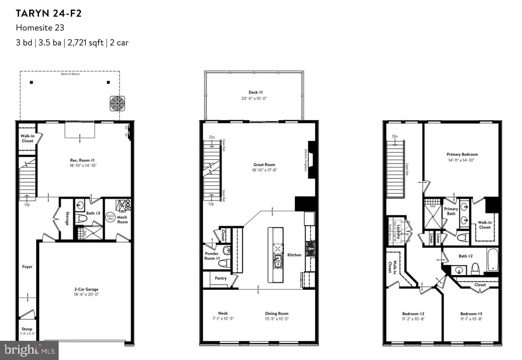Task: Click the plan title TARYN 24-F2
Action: (49, 14)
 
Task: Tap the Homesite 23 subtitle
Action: (40, 28)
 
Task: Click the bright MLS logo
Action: (29, 350)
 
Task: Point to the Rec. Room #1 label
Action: (82, 160)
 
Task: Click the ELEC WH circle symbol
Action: (111, 218)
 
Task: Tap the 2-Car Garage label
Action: (86, 289)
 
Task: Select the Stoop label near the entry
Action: (27, 329)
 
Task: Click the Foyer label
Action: (27, 267)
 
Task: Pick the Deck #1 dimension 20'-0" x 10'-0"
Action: (254, 98)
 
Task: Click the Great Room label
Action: (264, 165)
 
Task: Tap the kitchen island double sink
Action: (278, 260)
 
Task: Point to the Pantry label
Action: (220, 278)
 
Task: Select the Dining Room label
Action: (277, 314)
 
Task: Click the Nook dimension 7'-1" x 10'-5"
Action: (223, 319)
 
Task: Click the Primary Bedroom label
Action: (462, 154)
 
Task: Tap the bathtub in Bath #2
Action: (493, 260)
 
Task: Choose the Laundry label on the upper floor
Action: (398, 232)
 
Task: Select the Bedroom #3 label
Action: (471, 314)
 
